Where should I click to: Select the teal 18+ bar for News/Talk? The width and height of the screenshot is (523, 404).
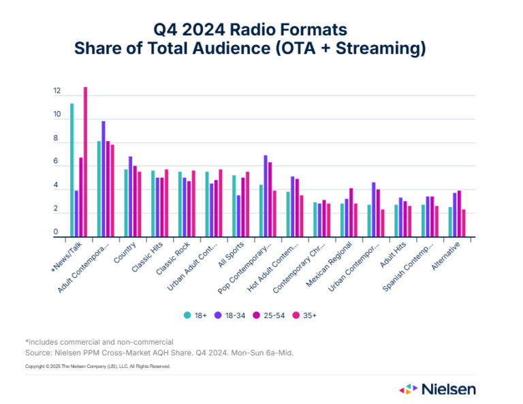point(72,170)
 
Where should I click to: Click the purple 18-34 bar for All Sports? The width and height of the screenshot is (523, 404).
point(238,216)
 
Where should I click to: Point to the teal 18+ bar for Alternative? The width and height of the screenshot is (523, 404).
point(450,222)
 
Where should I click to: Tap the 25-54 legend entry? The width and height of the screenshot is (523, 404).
point(270,315)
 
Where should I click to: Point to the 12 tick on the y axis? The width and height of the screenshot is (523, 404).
point(57,91)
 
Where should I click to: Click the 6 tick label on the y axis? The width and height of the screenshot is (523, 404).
point(57,162)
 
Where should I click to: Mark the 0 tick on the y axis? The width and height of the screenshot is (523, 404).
point(57,233)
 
